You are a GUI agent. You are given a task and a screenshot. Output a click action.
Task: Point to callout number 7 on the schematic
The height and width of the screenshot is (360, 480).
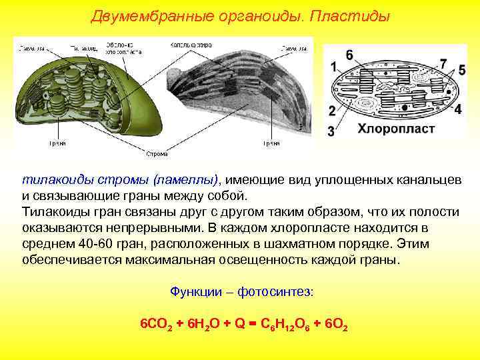coord(443,64)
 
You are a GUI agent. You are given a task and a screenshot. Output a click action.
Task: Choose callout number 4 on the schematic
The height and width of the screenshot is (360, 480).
coord(457,109)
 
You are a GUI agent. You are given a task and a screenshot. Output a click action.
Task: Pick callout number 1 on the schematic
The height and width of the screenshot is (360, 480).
coord(333,67)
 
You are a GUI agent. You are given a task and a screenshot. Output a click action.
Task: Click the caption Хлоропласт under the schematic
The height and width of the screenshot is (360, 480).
coord(396,129)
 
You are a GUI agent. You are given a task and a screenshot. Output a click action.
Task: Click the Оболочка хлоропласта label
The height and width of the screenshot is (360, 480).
coord(123,48)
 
